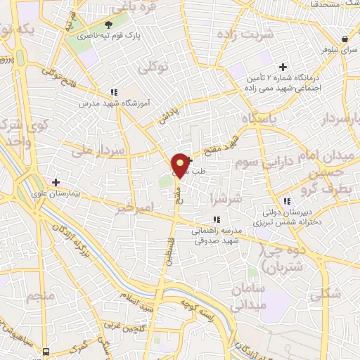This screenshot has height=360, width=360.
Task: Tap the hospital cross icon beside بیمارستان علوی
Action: point(56,181)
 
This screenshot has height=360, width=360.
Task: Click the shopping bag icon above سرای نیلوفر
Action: point(345,39)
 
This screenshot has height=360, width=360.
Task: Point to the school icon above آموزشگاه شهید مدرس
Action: point(112,92)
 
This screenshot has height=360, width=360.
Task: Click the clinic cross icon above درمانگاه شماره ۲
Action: point(283,67)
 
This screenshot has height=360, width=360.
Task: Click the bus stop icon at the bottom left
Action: point(46,351)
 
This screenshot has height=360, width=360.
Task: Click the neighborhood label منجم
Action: point(41,297)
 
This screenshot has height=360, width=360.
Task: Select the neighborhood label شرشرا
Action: point(226,200)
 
